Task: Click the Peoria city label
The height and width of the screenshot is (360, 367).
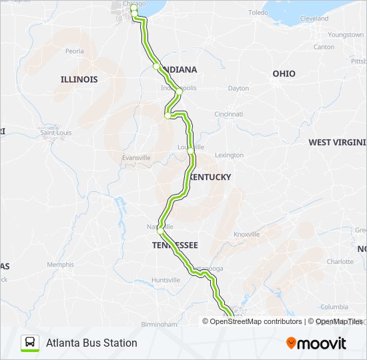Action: coord(75,51)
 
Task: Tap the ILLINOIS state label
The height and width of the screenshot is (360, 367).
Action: coord(79,79)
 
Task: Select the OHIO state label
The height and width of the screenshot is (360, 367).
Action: coord(284,73)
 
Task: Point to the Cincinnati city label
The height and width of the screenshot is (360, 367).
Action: coord(228,114)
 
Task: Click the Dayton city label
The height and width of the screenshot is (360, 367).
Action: coord(238,89)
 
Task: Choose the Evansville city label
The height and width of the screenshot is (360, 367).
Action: coord(136,157)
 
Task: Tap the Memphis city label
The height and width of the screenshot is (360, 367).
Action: coord(60,265)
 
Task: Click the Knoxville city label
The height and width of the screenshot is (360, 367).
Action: coord(246,234)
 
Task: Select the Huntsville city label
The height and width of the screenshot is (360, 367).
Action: coord(165,280)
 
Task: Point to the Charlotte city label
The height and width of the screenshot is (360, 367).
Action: coord(340,262)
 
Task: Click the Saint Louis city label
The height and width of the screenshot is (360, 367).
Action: coord(56,132)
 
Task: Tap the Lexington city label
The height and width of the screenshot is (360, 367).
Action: coord(230,155)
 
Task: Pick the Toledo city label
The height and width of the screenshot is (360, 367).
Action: coord(258,13)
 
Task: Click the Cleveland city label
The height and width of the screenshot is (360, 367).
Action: coord(314,19)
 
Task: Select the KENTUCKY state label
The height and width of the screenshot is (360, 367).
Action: coord(210,177)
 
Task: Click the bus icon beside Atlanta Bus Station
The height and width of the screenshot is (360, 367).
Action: coord(30,343)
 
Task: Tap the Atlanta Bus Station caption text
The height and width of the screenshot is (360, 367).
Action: coord(91,343)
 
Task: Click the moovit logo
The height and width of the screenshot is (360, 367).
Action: coord(316,343)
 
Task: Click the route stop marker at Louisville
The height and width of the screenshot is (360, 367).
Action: coord(191,152)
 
